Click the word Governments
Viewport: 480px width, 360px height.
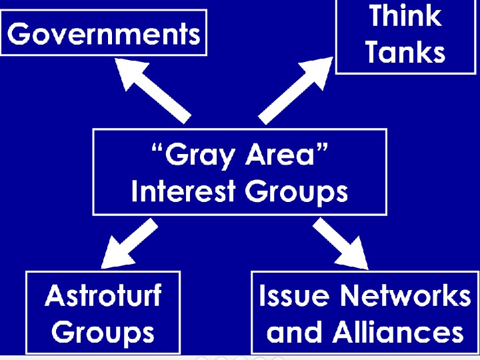pos(104,33)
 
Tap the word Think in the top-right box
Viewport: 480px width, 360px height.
pos(405,15)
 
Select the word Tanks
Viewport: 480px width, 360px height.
pos(405,52)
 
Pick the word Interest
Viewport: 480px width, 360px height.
pos(183,192)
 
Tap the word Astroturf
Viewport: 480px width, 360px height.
pos(103,295)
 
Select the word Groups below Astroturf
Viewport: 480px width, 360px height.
pos(103,332)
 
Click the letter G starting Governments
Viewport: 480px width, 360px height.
pos(21,33)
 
